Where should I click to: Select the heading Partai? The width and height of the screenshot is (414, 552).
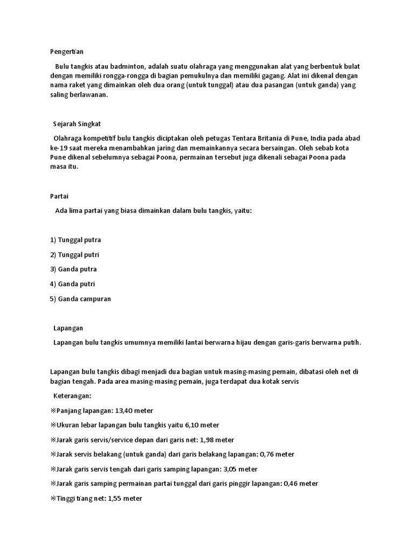pos(59,196)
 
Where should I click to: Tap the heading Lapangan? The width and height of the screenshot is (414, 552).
pos(68,328)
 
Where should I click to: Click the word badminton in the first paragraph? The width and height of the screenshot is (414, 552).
pos(127,66)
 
